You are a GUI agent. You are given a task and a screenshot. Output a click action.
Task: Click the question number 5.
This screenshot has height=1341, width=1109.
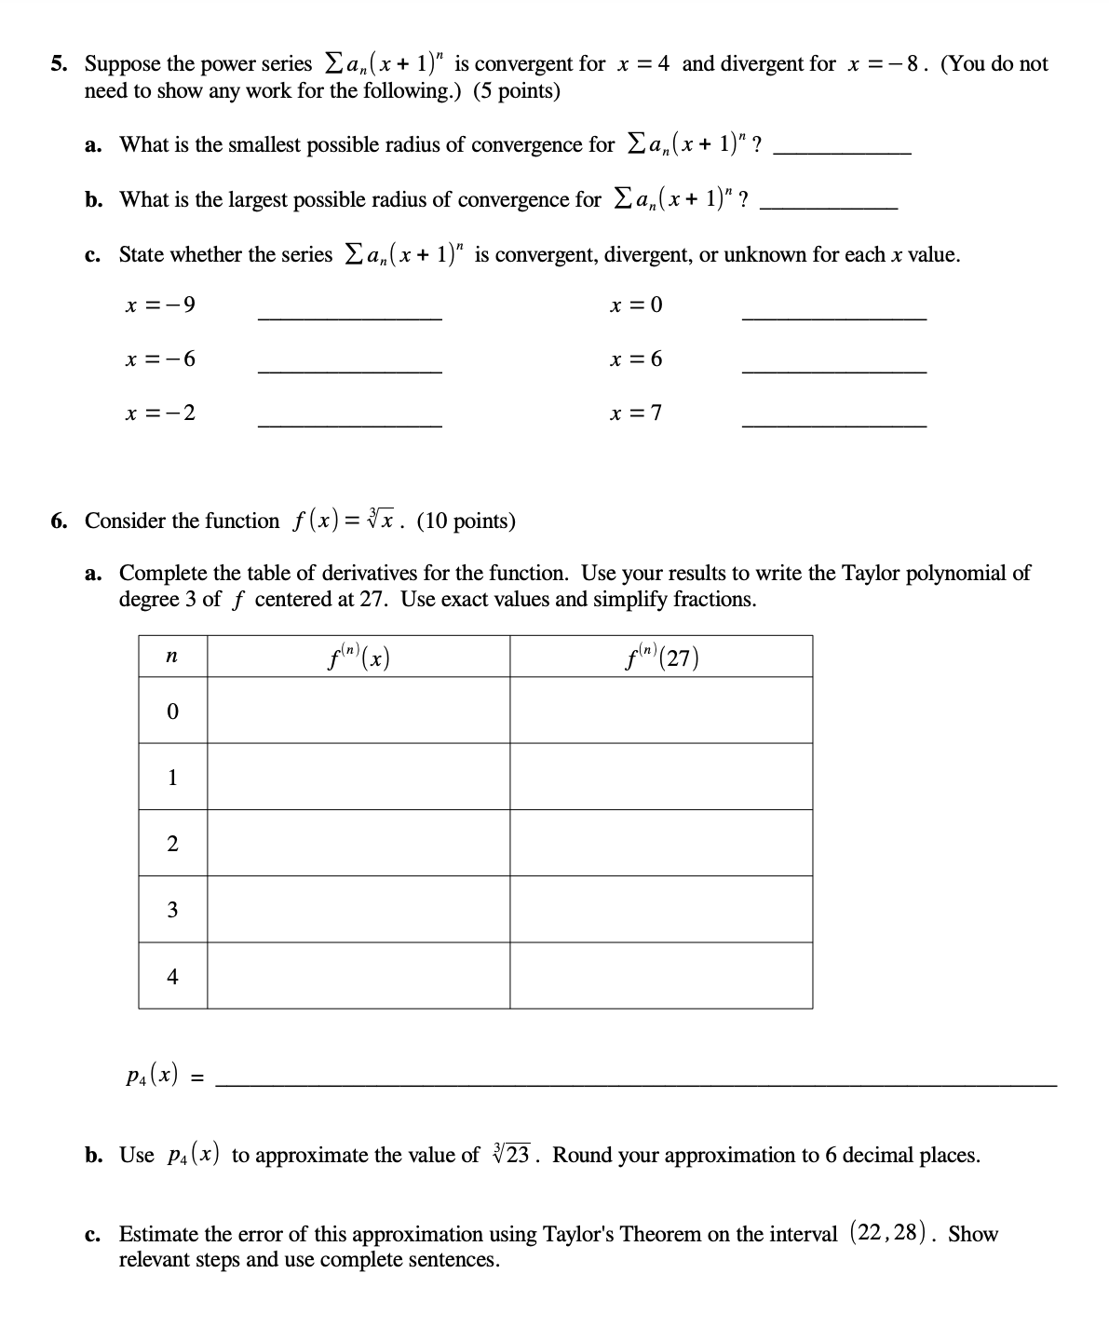[x=59, y=64]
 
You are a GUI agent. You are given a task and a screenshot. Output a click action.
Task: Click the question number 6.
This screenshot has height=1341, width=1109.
[x=59, y=521]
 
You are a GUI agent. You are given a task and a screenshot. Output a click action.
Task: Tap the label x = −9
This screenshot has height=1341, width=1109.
[x=160, y=305]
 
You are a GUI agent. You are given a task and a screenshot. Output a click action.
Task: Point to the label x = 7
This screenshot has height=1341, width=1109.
[x=636, y=413]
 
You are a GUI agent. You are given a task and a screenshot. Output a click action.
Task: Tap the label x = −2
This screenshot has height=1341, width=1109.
[x=160, y=413]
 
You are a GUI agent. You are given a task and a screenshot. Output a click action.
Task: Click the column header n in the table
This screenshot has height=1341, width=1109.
[x=172, y=657]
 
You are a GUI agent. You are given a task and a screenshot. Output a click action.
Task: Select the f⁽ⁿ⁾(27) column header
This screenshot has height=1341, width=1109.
[x=661, y=657]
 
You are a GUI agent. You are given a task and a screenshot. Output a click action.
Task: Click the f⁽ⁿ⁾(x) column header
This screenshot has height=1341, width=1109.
[x=358, y=657]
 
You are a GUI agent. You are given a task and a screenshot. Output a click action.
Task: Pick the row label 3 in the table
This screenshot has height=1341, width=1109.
[x=172, y=910]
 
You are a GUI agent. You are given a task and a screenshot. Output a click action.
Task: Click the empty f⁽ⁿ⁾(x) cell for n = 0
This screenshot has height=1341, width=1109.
[x=358, y=711]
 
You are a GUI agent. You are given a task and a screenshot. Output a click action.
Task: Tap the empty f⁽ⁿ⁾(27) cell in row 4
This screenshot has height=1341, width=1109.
[x=661, y=976]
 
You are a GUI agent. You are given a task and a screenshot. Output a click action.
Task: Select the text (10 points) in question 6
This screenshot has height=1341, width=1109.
[x=466, y=521]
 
